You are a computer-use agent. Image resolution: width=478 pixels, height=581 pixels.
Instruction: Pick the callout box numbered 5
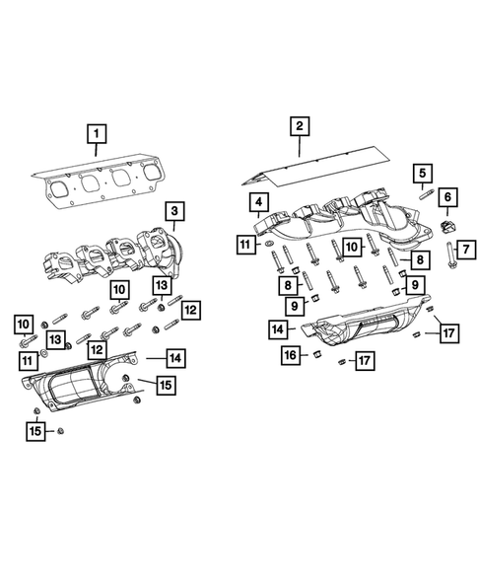[x=422, y=173]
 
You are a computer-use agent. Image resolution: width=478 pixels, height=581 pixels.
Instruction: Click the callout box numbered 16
[x=289, y=353]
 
